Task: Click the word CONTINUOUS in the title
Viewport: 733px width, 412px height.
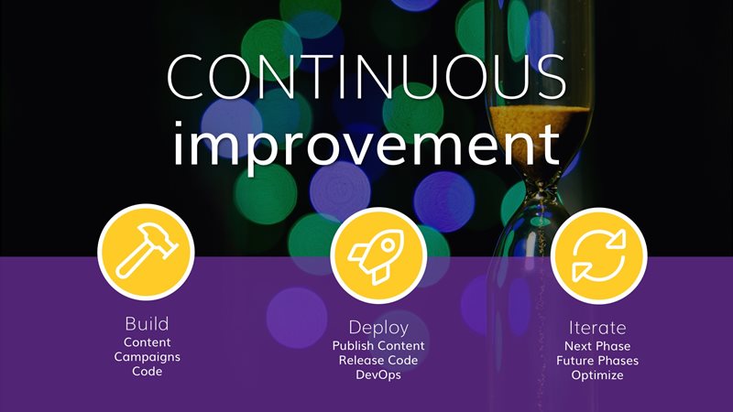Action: (366, 76)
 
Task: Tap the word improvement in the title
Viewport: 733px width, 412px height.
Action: (366, 144)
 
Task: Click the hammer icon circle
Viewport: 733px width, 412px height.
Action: (146, 253)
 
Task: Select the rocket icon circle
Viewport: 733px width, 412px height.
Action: (378, 255)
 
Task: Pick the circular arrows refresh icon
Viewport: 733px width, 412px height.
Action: (599, 255)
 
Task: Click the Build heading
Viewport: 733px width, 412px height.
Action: (147, 324)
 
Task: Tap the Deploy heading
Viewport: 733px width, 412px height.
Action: (378, 328)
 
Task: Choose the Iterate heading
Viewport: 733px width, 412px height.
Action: (597, 328)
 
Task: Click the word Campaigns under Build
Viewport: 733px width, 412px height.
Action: (147, 357)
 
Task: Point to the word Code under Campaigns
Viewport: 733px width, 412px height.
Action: (147, 372)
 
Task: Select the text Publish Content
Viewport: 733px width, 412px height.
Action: (378, 346)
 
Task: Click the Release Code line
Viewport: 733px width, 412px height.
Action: (378, 360)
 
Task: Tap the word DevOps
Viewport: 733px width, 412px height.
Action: (378, 374)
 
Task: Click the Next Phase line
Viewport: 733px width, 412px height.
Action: (597, 346)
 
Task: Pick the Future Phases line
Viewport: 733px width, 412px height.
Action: (597, 361)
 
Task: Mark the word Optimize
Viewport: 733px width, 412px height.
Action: (597, 375)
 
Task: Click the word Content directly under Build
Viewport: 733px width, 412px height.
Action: (147, 342)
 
